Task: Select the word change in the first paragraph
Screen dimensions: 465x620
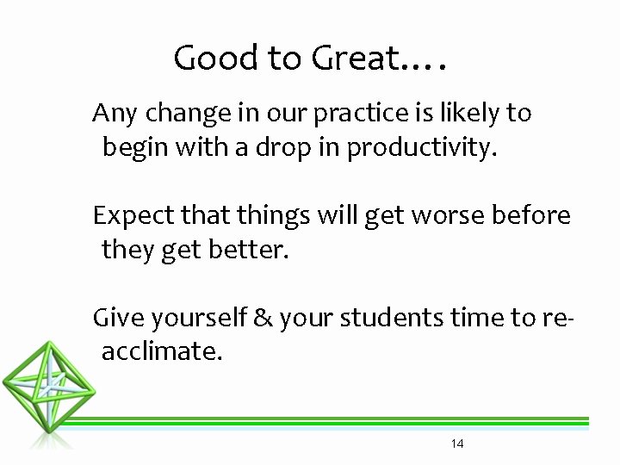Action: [177, 113]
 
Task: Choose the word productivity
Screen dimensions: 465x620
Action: [421, 148]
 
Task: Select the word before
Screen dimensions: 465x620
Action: [531, 215]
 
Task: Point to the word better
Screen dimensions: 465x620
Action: [250, 251]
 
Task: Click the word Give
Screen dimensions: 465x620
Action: [118, 318]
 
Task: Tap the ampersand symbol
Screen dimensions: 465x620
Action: [263, 318]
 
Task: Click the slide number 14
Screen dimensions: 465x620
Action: [457, 443]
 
